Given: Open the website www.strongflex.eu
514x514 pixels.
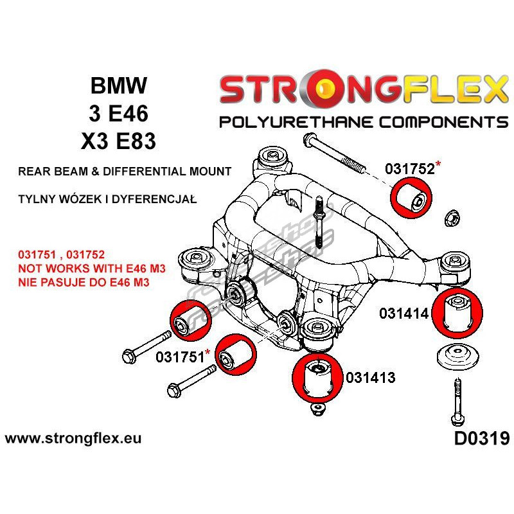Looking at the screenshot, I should [73, 439].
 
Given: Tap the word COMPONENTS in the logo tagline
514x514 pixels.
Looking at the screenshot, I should [438, 121].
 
